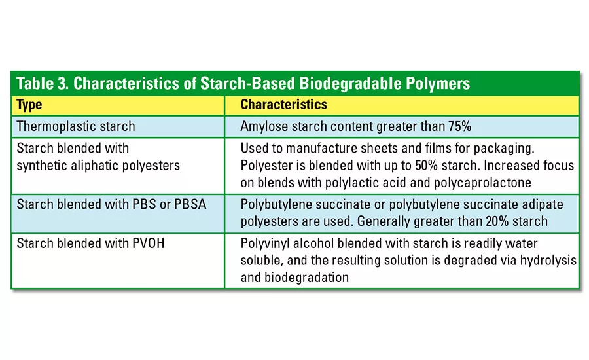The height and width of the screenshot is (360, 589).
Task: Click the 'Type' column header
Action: tap(29, 105)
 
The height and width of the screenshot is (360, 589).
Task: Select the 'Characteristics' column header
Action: tap(284, 105)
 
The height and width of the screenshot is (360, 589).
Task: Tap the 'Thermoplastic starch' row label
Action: tap(76, 126)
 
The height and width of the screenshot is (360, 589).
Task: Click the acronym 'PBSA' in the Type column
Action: tap(190, 204)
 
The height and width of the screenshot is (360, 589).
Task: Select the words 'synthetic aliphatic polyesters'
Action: tap(98, 165)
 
